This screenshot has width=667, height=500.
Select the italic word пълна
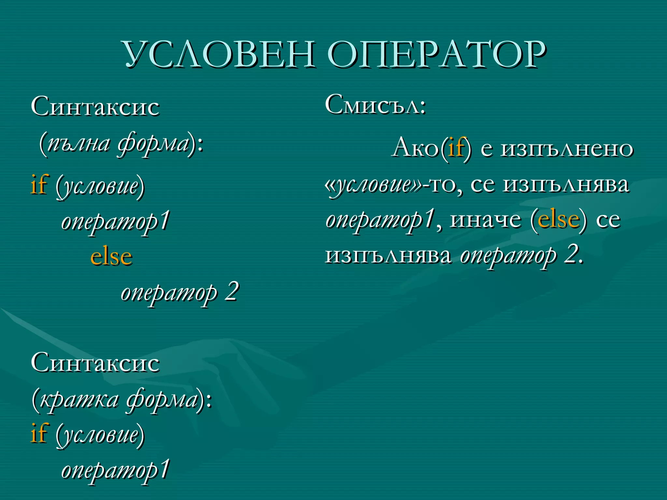click(x=78, y=144)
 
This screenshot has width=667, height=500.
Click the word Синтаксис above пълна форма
click(x=95, y=106)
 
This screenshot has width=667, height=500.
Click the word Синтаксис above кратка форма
click(x=95, y=363)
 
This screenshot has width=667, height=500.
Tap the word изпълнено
click(x=567, y=148)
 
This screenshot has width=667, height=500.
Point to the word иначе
click(x=485, y=219)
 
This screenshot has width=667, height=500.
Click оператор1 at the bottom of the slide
click(x=116, y=470)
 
